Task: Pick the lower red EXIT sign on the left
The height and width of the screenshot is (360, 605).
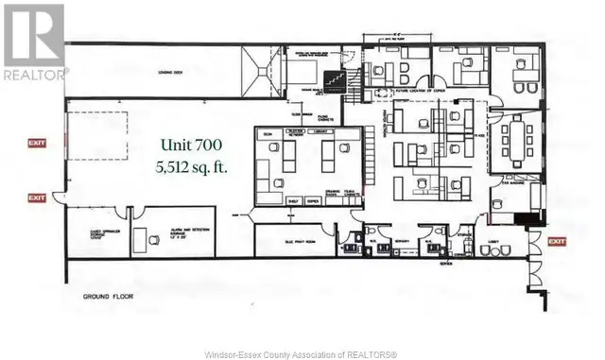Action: coord(36,197)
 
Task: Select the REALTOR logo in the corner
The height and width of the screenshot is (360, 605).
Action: coord(35,42)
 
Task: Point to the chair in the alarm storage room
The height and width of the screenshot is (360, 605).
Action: coord(153,242)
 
